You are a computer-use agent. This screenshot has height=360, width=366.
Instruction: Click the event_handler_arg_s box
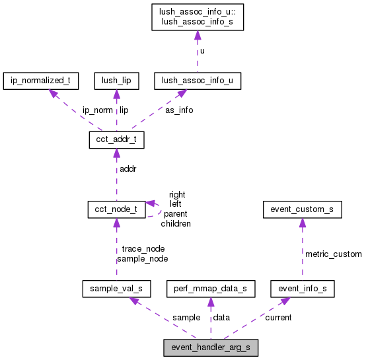(211, 347)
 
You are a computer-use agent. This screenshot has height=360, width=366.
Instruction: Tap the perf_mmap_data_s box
(210, 289)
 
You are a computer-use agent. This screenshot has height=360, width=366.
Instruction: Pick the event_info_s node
(303, 289)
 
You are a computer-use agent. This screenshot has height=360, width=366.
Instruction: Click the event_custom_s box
(302, 210)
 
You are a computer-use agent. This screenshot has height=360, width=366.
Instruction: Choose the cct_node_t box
(116, 210)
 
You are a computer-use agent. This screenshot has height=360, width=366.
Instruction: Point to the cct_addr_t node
(116, 140)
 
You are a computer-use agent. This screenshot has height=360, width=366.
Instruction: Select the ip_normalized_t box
(41, 81)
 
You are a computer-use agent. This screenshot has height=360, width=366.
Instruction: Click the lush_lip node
(116, 81)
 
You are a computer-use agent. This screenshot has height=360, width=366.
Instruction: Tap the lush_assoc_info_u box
(197, 81)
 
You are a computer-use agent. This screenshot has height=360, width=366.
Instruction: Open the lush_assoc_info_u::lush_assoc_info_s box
(197, 18)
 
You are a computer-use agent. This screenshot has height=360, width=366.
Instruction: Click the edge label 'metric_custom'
(333, 254)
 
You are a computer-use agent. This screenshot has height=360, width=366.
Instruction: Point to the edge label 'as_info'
(179, 110)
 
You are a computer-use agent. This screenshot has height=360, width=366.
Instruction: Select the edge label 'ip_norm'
(97, 110)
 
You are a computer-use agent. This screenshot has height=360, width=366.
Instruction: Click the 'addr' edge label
(128, 169)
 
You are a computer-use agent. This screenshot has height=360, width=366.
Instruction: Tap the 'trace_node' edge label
(143, 249)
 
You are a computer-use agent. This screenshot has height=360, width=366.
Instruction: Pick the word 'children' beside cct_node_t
(176, 224)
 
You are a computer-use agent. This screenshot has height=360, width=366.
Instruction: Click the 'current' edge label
(278, 317)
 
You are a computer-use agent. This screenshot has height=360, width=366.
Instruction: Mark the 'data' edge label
(221, 317)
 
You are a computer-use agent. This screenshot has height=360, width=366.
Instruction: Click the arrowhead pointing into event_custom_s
(302, 223)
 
